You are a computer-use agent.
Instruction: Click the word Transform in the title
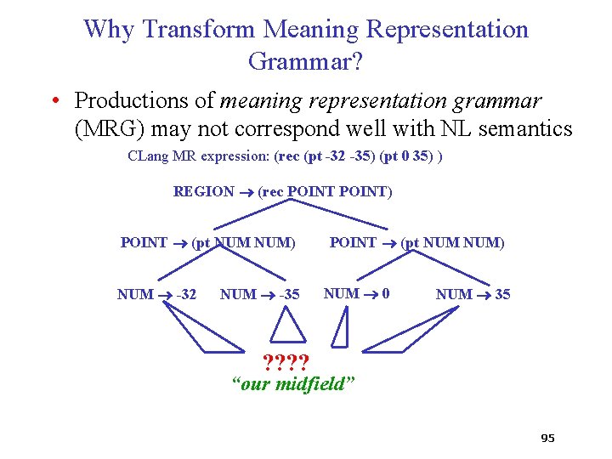click(199, 29)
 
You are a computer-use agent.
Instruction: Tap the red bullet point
click(54, 101)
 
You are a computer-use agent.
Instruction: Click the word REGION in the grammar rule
click(203, 192)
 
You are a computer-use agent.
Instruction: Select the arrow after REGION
click(246, 193)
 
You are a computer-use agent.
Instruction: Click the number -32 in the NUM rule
click(185, 294)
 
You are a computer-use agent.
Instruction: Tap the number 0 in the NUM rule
click(386, 293)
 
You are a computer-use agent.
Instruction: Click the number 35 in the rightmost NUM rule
click(502, 294)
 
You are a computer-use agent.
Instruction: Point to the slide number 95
click(547, 439)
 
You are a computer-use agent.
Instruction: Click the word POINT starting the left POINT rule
click(144, 243)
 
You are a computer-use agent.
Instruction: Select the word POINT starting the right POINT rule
click(352, 243)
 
